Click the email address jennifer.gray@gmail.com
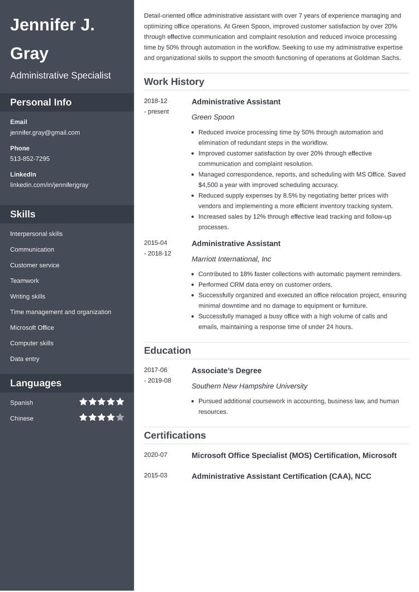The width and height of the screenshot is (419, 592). point(45,133)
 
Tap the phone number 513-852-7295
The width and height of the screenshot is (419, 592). point(30,159)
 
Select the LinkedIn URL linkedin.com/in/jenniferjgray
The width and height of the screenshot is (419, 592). point(49,185)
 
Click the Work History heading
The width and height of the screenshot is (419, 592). point(174,82)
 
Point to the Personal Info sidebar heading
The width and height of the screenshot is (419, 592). point(41,102)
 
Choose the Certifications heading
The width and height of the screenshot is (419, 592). point(175,435)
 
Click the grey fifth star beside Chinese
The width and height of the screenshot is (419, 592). point(120,417)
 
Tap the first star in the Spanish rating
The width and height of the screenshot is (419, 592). point(83,402)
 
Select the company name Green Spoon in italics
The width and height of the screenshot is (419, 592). point(213,117)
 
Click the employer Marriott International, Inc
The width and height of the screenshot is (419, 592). point(231,259)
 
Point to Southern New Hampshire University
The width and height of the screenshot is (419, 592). point(249,386)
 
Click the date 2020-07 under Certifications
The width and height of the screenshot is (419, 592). point(155,455)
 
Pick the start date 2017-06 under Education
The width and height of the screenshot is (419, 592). point(155,370)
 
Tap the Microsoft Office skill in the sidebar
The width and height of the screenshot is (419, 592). point(32,328)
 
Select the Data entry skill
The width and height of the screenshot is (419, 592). point(25,359)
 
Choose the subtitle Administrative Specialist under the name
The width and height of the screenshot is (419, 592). point(60,75)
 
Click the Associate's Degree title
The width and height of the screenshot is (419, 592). point(226,370)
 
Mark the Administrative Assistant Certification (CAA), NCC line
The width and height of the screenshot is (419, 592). point(281,476)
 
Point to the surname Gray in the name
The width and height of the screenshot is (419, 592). point(29,54)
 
